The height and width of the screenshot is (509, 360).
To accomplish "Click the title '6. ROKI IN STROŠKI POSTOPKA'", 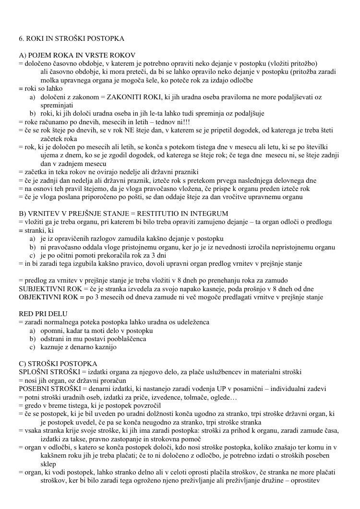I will point(71,38).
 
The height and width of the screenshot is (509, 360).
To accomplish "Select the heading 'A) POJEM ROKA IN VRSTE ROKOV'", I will point(77,55).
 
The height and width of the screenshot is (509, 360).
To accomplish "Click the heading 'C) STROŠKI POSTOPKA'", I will point(58,363).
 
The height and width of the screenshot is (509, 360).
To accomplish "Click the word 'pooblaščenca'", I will point(129,339).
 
